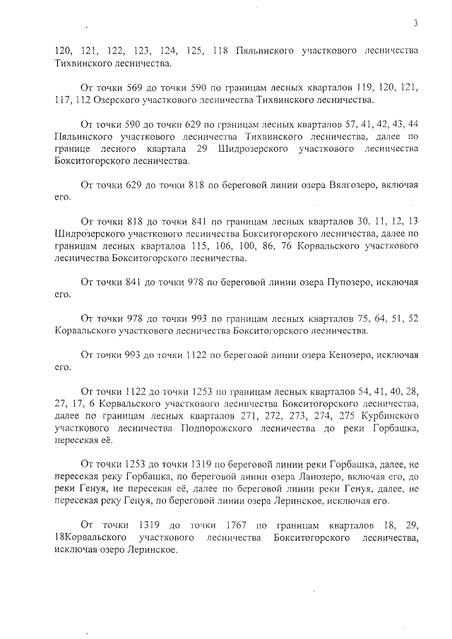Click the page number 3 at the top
(416, 23)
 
